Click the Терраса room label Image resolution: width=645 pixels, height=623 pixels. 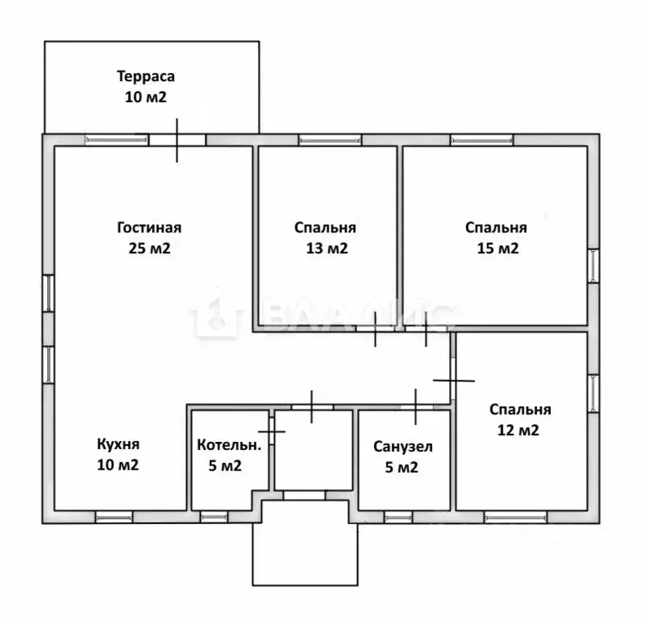[x=146, y=76]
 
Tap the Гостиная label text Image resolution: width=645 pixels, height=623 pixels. [x=150, y=227]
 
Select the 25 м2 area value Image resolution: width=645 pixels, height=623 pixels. [x=150, y=248]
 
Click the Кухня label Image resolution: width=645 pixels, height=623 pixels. [x=118, y=444]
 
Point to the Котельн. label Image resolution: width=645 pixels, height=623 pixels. [x=229, y=445]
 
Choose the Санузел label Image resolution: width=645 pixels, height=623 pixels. [x=403, y=447]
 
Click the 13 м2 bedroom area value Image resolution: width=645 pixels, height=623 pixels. [x=327, y=248]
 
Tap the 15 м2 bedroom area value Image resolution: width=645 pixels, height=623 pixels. [x=498, y=248]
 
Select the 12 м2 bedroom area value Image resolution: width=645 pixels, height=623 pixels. [x=518, y=430]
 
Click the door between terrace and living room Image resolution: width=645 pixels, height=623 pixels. [x=177, y=140]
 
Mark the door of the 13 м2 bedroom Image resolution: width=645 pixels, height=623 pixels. [x=375, y=328]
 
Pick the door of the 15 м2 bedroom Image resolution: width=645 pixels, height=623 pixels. [x=426, y=328]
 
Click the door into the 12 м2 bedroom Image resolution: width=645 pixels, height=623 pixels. [x=453, y=381]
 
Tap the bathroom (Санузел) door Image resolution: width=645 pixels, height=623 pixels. [x=416, y=407]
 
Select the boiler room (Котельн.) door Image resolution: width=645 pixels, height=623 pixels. [x=272, y=431]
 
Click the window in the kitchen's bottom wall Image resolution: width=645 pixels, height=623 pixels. [x=115, y=517]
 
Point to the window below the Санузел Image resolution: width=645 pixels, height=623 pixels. [x=399, y=517]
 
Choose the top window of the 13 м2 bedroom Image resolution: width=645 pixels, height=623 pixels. [x=330, y=140]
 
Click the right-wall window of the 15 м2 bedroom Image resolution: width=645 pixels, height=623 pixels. [x=593, y=266]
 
